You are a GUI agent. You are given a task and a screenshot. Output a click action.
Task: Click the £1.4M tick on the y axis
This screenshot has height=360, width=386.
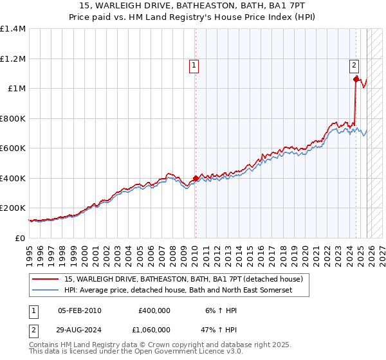pyautogui.click(x=13, y=29)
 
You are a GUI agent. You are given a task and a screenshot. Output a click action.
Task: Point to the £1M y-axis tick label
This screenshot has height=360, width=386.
pyautogui.click(x=17, y=89)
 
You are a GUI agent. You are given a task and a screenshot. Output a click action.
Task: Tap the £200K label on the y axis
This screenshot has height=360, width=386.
pyautogui.click(x=13, y=208)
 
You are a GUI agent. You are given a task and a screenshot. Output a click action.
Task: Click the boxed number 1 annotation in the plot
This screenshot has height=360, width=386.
pyautogui.click(x=194, y=64)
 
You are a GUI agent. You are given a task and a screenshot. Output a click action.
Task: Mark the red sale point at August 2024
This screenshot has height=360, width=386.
pyautogui.click(x=356, y=80)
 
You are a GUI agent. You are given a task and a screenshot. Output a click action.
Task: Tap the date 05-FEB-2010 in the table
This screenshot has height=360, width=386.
pyautogui.click(x=80, y=310)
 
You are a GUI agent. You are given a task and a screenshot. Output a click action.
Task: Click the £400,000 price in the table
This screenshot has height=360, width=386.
pyautogui.click(x=154, y=310)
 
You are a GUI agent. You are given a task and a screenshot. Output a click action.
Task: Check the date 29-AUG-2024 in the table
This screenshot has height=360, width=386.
pyautogui.click(x=80, y=329)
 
